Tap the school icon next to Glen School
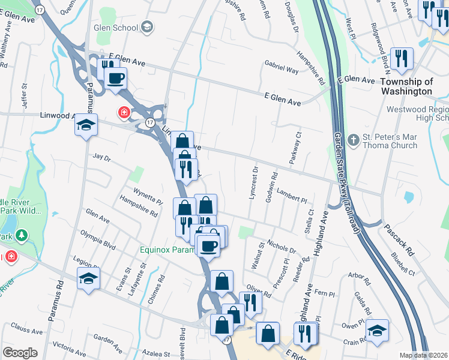147,27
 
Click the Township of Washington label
406,86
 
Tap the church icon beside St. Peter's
354,140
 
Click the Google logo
20,353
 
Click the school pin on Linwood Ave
86,126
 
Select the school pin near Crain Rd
377,331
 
